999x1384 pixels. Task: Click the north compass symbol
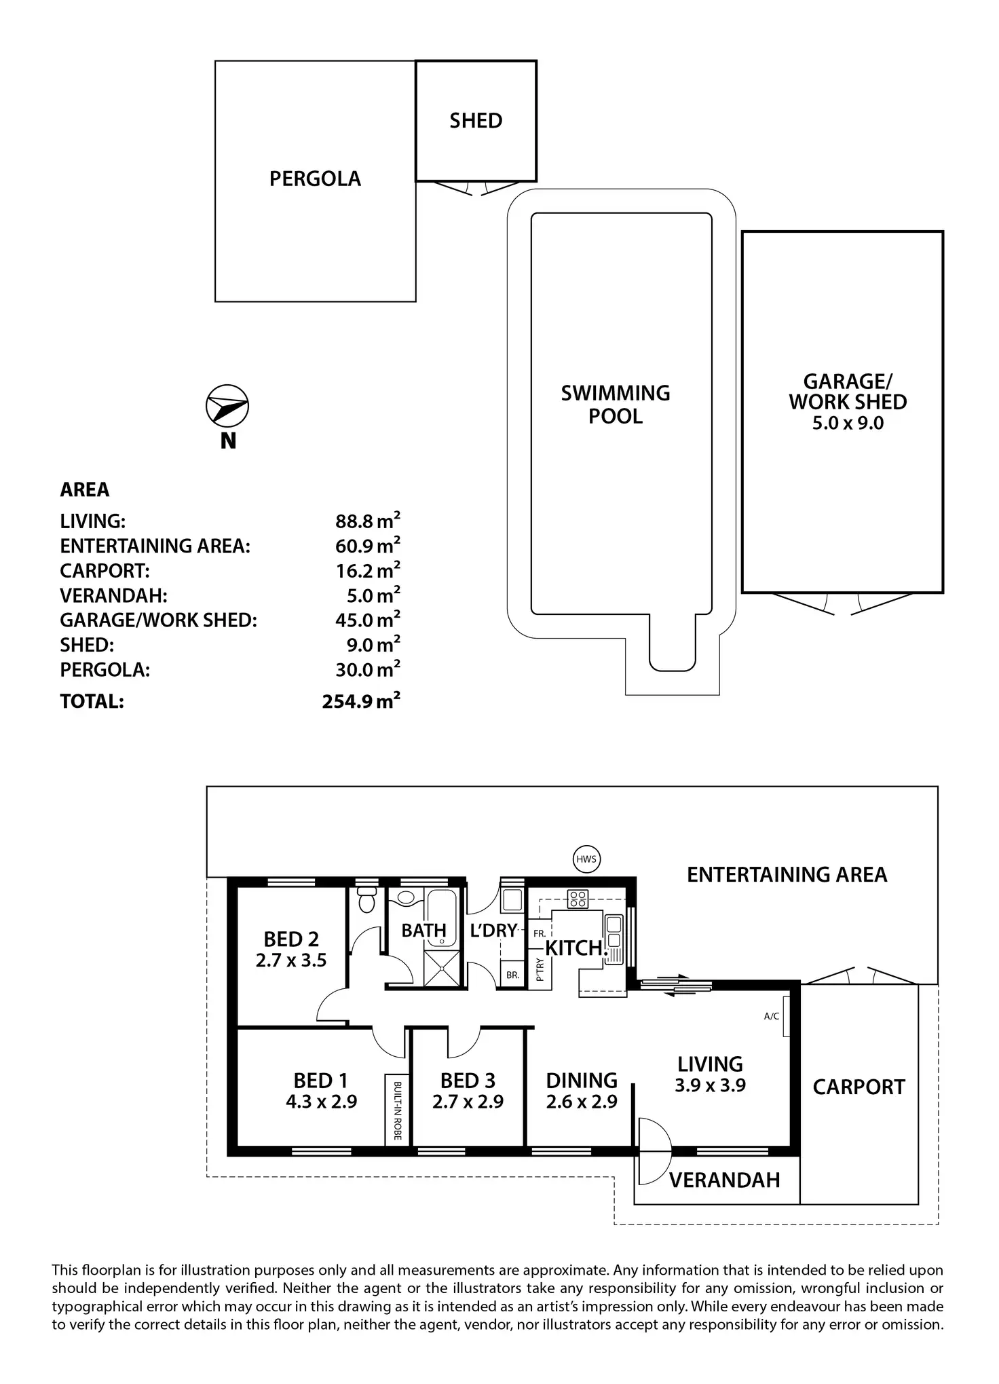point(227,407)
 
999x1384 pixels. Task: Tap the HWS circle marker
point(586,859)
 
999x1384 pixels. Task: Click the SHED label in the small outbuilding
point(476,121)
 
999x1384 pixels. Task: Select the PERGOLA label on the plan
point(315,179)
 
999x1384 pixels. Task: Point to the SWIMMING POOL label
point(616,405)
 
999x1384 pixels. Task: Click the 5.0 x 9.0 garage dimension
point(848,424)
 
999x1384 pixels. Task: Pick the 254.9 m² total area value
point(361,701)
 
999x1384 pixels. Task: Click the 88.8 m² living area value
point(367,521)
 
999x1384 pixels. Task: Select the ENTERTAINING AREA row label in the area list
point(155,546)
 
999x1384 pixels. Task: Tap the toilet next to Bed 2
point(366,900)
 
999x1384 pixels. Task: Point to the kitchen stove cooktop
point(578,899)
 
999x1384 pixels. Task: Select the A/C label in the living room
point(772,1016)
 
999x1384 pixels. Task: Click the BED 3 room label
point(468,1080)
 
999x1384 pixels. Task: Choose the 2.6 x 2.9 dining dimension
point(582,1102)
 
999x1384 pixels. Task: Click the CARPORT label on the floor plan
point(859,1087)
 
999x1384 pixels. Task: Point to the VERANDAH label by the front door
point(724,1180)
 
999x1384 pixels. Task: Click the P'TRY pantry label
point(540,969)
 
